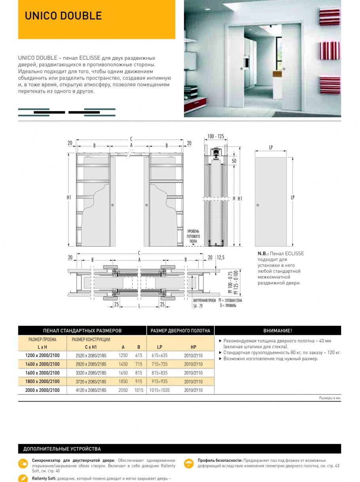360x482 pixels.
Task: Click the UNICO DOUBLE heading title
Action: pos(63,16)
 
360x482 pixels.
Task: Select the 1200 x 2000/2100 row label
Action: pos(42,355)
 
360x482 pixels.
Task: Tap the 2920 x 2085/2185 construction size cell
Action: pos(91,364)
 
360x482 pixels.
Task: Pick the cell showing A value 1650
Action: pos(123,373)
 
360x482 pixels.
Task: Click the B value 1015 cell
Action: pos(138,390)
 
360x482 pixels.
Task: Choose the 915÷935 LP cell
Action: pos(159,381)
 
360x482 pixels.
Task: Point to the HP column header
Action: pos(193,347)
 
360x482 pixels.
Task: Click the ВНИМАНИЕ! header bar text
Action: pos(278,330)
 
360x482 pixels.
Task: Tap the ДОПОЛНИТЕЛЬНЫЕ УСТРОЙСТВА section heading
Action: pos(62,449)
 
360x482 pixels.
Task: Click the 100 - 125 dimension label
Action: pos(216,137)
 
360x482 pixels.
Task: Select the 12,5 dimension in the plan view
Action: pos(221,258)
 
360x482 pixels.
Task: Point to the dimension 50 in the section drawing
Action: pos(234,161)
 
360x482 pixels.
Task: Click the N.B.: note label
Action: pos(263,254)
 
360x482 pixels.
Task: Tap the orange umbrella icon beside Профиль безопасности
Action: pos(189,463)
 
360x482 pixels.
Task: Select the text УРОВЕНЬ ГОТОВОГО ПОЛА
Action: pos(193,236)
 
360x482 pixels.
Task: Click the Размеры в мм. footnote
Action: pos(330,398)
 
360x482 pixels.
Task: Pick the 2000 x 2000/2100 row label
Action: pos(42,390)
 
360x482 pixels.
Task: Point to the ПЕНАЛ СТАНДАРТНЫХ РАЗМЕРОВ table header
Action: pos(82,330)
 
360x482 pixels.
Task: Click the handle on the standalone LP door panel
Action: pos(258,205)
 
